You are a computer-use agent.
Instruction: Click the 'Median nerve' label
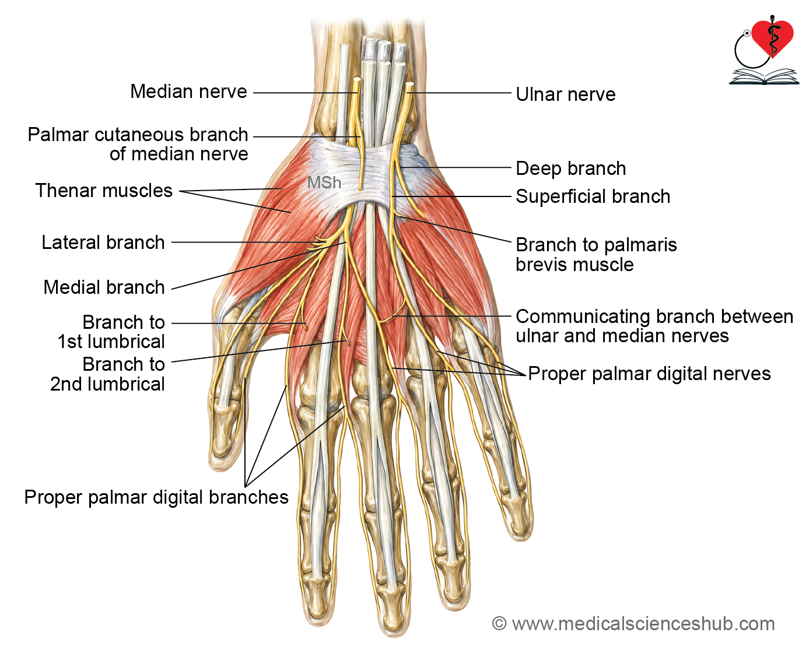point(188,92)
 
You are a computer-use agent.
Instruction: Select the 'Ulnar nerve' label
point(565,94)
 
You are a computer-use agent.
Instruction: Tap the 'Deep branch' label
point(570,169)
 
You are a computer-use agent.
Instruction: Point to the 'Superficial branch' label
point(593,196)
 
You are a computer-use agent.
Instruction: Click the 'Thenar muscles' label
point(104,190)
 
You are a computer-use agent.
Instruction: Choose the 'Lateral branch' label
point(103,242)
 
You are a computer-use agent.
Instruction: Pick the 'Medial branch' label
point(104,287)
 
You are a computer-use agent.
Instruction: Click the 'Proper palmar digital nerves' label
point(649,374)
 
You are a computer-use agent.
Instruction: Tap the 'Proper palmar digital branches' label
point(156,497)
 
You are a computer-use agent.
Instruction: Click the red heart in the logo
point(772,39)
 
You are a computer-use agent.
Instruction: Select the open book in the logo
point(763,76)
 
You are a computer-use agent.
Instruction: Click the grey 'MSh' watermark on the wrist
point(324,182)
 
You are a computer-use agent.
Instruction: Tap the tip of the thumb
point(219,468)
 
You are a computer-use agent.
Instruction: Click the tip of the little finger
point(522,539)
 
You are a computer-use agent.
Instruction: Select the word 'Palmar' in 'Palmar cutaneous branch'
point(58,135)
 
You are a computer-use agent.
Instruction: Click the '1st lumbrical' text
point(111,342)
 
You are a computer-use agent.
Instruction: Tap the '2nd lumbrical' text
point(107,384)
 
